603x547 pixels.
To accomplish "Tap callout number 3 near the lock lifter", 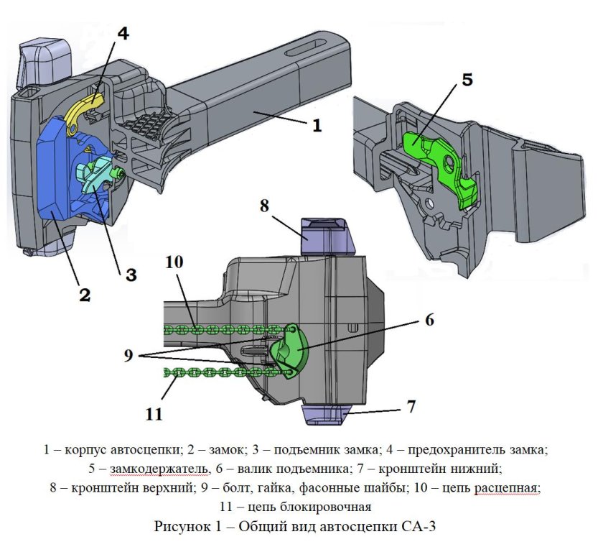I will coord(131,275).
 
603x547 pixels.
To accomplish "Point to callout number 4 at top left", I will coord(123,34).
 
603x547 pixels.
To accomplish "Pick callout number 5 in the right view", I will coord(467,80).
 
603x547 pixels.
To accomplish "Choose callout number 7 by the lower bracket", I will coord(411,407).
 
